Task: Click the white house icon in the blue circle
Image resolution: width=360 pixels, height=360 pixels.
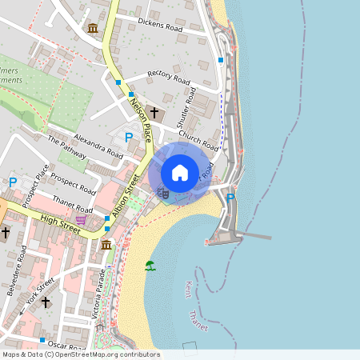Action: (x=180, y=172)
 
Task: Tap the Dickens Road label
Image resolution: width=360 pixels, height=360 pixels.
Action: (x=159, y=25)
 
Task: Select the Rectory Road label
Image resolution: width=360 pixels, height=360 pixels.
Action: (x=168, y=78)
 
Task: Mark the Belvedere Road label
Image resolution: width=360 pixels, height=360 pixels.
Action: (x=17, y=270)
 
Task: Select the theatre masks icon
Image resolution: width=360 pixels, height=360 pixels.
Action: (x=162, y=192)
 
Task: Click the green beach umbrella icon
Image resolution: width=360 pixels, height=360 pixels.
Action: (x=150, y=266)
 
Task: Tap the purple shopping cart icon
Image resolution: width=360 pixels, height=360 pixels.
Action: (x=81, y=218)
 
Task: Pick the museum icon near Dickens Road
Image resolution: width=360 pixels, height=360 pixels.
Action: (x=94, y=30)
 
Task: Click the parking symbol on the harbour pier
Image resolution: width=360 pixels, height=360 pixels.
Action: (x=230, y=197)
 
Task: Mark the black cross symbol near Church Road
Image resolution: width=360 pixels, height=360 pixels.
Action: (x=154, y=113)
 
